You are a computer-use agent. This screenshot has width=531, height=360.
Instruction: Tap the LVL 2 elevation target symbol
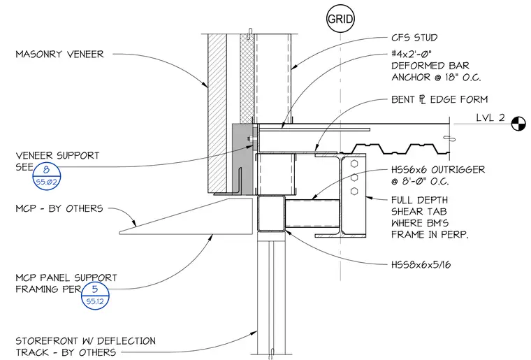pos(518,124)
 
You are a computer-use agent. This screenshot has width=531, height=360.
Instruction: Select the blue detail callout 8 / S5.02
pos(47,176)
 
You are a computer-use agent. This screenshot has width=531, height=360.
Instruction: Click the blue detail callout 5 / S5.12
pos(95,296)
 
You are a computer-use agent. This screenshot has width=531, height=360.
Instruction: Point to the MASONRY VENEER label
pos(59,55)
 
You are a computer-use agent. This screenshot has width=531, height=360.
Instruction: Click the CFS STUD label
pos(414,38)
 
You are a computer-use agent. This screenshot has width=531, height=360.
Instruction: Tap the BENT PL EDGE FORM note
pos(439,99)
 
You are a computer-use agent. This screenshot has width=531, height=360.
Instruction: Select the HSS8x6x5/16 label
pos(421,264)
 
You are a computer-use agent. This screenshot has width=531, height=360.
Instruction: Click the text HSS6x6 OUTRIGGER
pos(438,169)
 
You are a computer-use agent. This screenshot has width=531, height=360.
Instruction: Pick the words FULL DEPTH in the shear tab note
pos(420,200)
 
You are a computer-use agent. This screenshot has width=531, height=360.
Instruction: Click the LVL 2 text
pos(490,117)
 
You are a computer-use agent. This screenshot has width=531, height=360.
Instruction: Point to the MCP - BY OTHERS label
pos(59,208)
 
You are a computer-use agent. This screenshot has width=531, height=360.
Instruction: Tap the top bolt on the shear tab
pos(354,164)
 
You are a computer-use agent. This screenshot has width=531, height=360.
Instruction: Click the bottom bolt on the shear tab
pos(354,192)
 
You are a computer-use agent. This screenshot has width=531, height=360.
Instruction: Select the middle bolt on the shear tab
pos(354,178)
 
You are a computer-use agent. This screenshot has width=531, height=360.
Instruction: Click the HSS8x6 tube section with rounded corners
pos(258,214)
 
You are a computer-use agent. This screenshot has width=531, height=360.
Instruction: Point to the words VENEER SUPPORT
pos(57,156)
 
